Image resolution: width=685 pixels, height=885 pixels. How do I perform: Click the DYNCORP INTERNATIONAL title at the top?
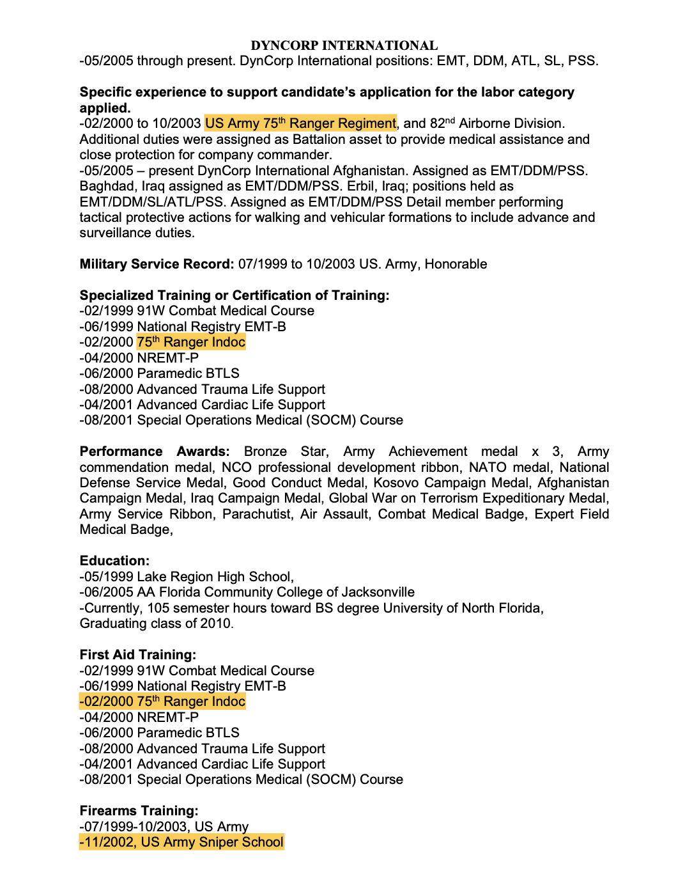pos(344,45)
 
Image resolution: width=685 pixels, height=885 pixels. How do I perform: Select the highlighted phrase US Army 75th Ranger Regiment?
pos(300,123)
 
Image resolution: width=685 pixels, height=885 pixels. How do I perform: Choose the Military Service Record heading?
pos(157,264)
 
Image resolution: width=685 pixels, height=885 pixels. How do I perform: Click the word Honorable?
pos(456,264)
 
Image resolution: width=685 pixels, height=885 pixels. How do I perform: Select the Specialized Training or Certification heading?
pos(234,295)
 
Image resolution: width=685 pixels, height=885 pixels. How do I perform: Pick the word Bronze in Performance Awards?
pos(265,451)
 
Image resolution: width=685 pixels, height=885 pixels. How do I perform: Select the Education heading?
pos(114,561)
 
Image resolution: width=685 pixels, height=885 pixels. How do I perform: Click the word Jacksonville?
pos(378,592)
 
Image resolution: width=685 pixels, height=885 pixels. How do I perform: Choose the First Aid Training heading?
pos(137,655)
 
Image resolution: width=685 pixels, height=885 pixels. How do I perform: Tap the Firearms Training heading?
pos(139,811)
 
